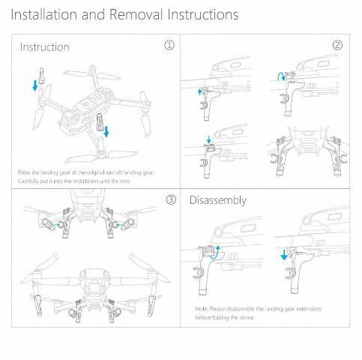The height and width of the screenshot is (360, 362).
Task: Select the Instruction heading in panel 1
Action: coord(44,47)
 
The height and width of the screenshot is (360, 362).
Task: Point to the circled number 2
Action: coord(337,45)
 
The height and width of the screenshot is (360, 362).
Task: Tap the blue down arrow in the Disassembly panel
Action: coord(283,255)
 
